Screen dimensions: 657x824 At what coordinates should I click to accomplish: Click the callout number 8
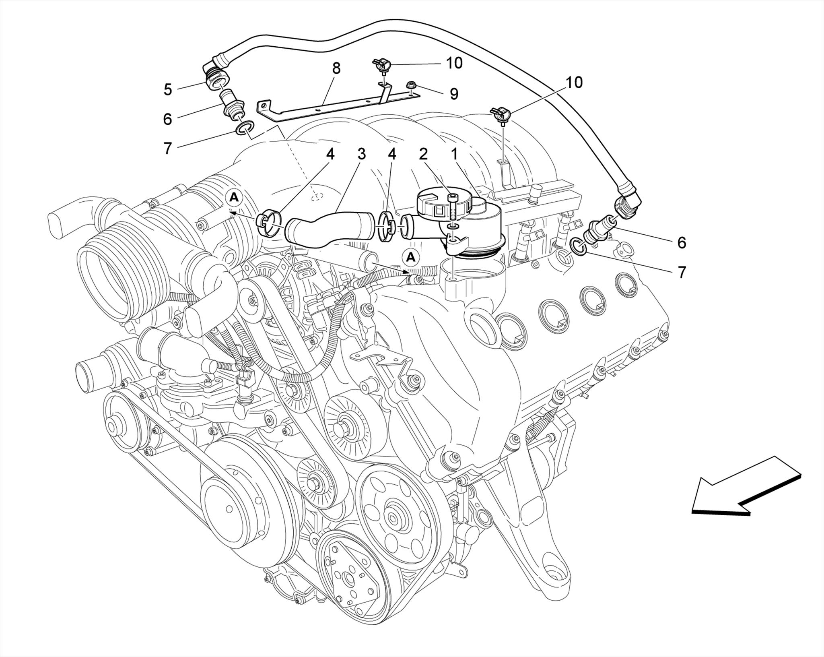(336, 68)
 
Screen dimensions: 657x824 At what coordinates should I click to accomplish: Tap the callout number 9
(454, 94)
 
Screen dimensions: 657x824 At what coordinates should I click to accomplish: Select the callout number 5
(168, 89)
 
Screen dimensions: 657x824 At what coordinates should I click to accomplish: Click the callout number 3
(361, 154)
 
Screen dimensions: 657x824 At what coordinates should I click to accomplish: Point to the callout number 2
(423, 154)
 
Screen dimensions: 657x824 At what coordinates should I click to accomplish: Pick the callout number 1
(454, 154)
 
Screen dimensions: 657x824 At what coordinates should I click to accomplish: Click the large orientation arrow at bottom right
(744, 488)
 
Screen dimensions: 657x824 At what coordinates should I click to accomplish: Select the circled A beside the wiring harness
(411, 257)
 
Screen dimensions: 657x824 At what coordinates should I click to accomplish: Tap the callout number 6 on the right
(681, 243)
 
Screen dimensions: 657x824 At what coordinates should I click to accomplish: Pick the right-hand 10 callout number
(574, 83)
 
